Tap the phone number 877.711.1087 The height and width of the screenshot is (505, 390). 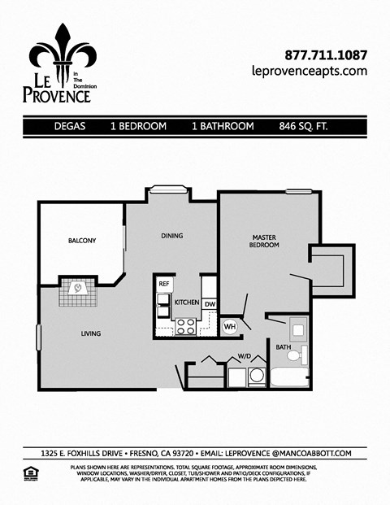(x=326, y=56)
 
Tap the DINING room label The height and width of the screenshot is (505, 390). (x=171, y=236)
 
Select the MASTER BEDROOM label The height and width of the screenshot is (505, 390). (x=264, y=241)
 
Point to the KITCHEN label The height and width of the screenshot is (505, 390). (x=187, y=303)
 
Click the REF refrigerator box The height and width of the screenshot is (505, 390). (x=163, y=283)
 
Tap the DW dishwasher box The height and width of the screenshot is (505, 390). (x=209, y=304)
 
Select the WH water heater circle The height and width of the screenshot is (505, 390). (x=230, y=326)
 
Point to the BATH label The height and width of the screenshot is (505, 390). (x=283, y=347)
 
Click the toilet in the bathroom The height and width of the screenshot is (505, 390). (x=298, y=355)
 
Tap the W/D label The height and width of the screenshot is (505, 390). (x=244, y=355)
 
